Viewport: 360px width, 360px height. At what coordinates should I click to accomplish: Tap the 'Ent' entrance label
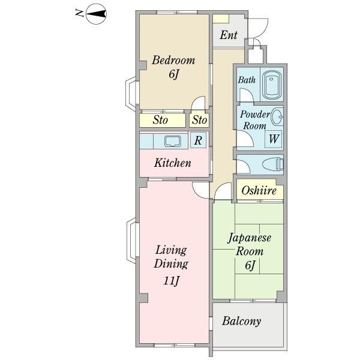click(228, 35)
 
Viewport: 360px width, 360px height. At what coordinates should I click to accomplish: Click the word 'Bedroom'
click(173, 60)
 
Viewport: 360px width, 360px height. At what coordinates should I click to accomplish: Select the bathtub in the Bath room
click(272, 84)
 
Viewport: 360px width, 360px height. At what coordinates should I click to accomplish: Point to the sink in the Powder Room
click(277, 115)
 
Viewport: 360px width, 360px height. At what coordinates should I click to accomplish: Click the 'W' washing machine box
click(274, 139)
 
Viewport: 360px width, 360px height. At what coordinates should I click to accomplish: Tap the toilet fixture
click(272, 164)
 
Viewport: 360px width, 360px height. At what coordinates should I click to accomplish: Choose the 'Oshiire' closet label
click(259, 191)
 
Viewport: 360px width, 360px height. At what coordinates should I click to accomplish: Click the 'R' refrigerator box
click(199, 141)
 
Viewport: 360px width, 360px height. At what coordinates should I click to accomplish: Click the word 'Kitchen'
click(173, 163)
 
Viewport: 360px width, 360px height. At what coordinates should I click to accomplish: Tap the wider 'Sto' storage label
click(160, 120)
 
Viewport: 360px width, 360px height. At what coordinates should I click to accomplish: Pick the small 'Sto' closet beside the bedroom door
click(199, 120)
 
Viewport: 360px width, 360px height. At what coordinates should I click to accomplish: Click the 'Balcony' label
click(242, 321)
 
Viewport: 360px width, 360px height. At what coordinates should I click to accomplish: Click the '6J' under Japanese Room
click(250, 265)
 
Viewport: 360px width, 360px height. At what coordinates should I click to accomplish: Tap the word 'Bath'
click(247, 80)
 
